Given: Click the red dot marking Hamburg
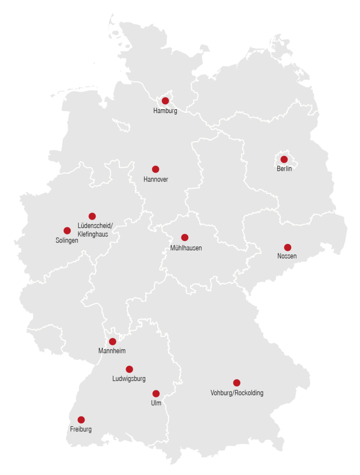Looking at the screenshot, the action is point(165,101).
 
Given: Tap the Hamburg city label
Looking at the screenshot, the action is point(165,111).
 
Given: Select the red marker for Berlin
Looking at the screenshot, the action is point(284,159).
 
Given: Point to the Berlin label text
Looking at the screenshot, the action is point(284,169).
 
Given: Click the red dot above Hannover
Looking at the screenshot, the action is point(155,169).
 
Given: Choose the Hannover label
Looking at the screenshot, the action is point(156,179).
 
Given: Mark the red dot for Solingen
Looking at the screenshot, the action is point(67,231).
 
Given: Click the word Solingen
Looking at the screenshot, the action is point(67,241).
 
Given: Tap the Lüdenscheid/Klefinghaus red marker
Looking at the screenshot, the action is point(92,216).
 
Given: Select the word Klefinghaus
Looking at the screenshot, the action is point(93,234).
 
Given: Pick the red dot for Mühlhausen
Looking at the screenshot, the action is point(184,237).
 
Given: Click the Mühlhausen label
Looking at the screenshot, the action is point(186,248).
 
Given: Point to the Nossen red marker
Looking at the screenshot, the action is point(288,247).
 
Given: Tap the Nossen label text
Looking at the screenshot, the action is point(287,257).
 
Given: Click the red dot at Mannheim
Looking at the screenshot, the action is point(112,341).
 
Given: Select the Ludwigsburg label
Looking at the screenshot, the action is point(129,379).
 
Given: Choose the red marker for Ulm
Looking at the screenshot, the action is point(156,394).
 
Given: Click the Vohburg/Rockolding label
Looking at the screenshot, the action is point(237,393).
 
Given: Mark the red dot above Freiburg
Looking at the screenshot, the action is point(81,420).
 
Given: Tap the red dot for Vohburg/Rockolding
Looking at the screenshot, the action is point(237,383).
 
